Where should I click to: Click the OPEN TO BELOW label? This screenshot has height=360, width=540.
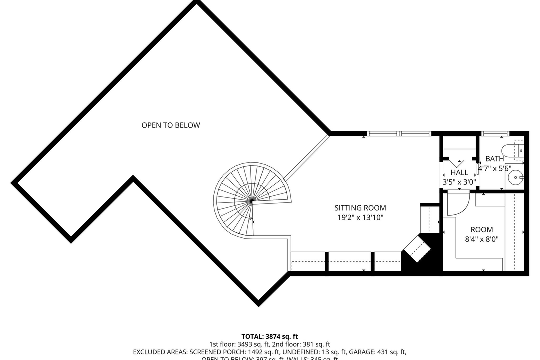click(170, 125)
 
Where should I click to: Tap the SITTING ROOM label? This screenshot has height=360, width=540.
click(360, 208)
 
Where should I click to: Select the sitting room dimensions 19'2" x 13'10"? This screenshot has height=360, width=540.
click(360, 217)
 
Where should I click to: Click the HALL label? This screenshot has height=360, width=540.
click(459, 173)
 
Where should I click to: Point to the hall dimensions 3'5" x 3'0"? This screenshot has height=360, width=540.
click(459, 182)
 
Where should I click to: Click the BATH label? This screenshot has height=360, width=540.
click(494, 159)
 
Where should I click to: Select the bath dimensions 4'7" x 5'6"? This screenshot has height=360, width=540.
click(494, 169)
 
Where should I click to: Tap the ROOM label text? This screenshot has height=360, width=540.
click(482, 230)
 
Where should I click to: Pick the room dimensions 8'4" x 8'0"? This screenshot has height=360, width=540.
click(482, 239)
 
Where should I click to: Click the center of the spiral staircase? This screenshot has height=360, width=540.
click(252, 201)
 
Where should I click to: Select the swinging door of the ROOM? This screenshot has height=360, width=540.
click(457, 204)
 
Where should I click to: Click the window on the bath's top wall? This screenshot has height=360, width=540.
click(495, 133)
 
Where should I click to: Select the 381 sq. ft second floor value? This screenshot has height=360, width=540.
click(313, 344)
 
